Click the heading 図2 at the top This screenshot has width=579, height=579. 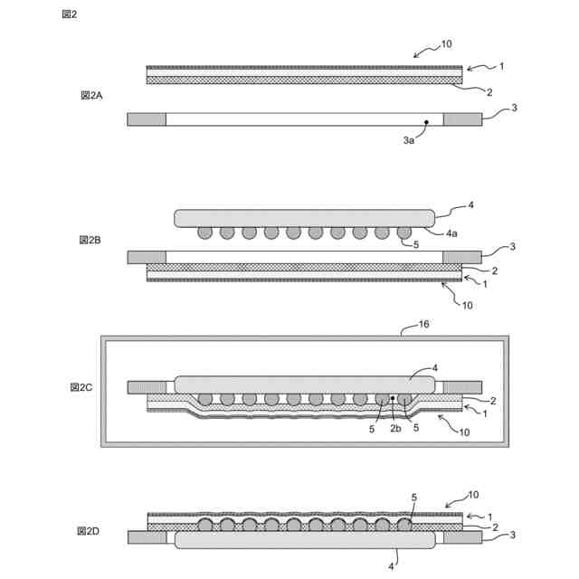69,14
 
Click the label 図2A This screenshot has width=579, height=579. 91,95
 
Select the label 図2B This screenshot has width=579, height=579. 91,240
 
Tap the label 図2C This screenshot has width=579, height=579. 82,387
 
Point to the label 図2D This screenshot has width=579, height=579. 89,531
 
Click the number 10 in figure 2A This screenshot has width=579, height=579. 446,43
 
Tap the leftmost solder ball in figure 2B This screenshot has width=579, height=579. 205,233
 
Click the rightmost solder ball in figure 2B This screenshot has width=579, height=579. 403,233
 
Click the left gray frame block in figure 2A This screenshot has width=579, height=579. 147,119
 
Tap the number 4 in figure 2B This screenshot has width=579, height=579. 470,205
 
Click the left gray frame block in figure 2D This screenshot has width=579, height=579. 147,537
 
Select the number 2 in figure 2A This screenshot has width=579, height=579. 489,91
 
